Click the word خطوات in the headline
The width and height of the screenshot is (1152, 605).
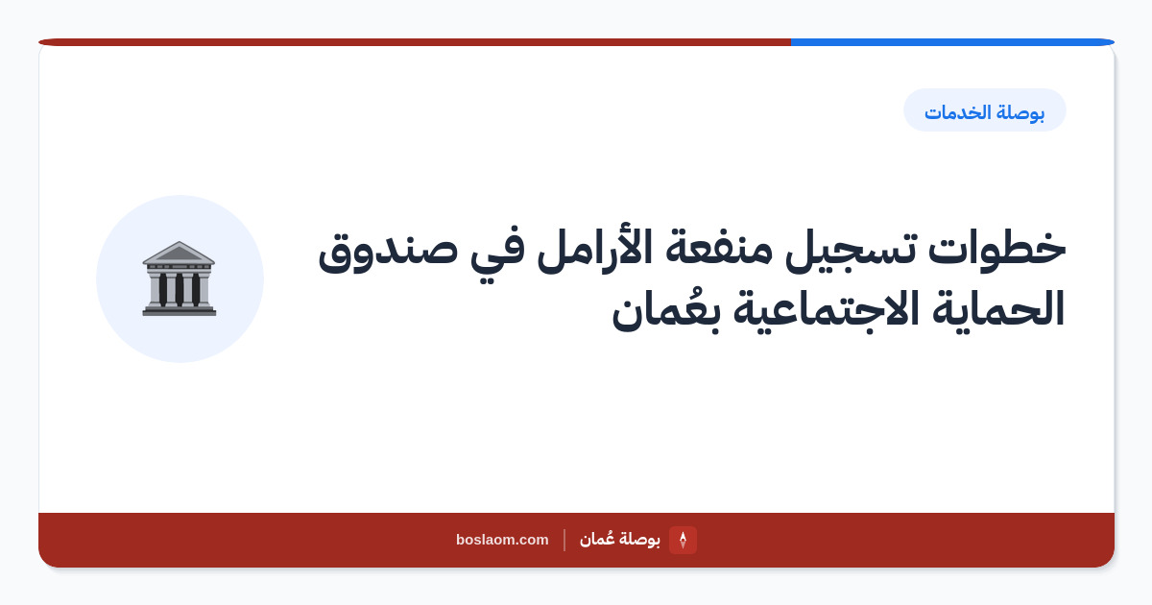996,249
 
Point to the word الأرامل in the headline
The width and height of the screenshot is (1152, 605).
595,249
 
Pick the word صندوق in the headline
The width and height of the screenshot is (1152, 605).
388,252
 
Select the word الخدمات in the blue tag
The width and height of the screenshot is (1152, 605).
958,111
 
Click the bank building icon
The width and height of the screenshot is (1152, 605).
179,278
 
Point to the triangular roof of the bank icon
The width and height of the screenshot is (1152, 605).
179,252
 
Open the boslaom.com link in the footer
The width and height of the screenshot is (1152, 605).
502,540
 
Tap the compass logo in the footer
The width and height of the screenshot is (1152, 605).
683,540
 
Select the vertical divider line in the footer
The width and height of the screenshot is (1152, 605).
564,540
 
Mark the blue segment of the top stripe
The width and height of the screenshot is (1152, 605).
952,42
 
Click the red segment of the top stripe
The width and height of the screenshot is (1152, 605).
415,42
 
